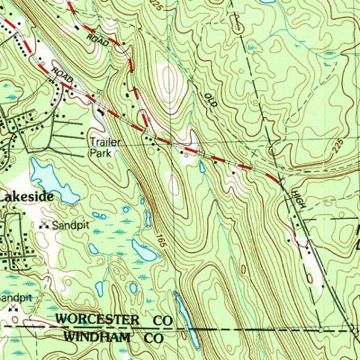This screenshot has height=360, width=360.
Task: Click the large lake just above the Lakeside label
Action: [46, 171]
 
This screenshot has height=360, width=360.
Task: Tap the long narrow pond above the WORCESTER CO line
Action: [182, 310]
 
